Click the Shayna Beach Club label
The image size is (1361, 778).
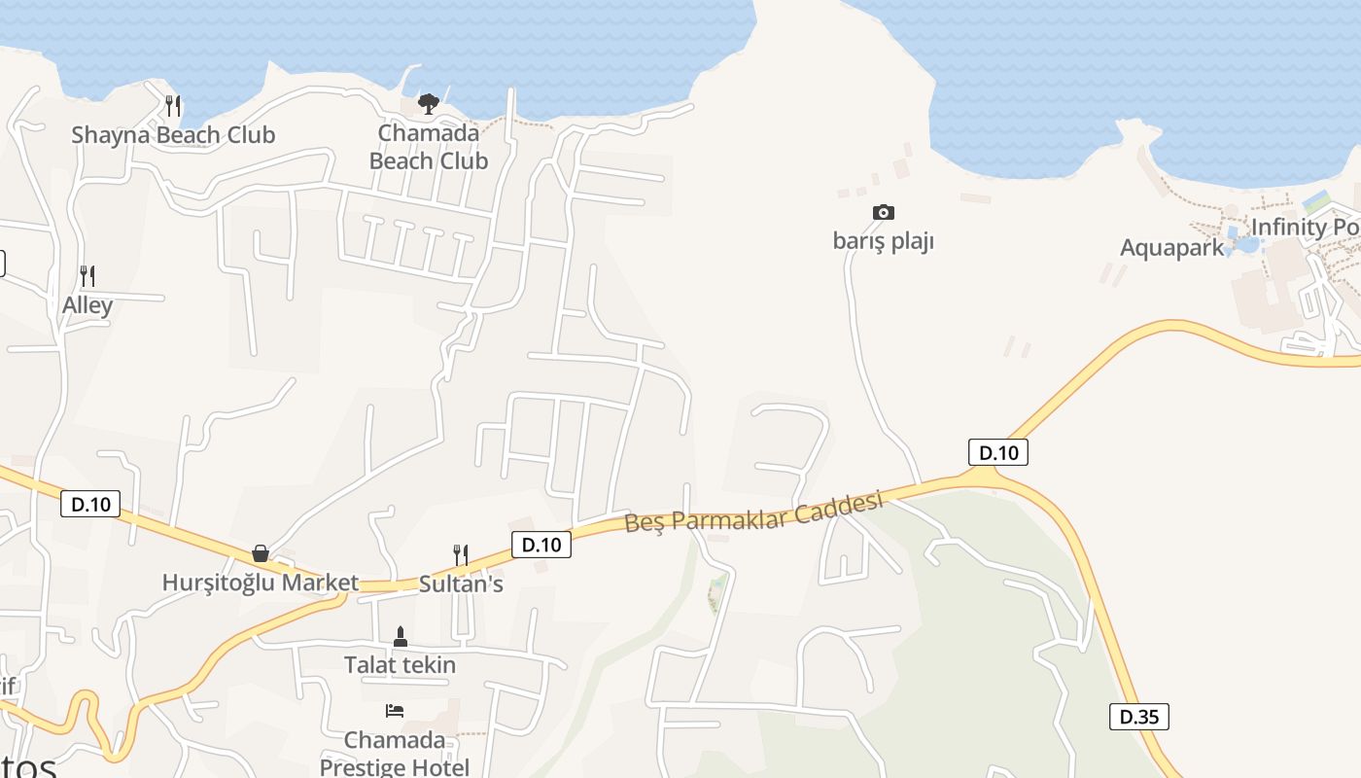tap(173, 135)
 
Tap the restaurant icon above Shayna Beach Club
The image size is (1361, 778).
tap(173, 105)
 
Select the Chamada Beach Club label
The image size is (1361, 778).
tap(428, 147)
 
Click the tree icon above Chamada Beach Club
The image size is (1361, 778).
tap(428, 103)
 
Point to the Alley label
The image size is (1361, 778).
tap(87, 305)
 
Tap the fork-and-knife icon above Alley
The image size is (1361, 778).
tap(87, 276)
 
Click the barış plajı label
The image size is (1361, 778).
tap(883, 241)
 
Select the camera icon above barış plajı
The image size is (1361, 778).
tap(883, 212)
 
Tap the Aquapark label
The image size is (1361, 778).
tap(1171, 248)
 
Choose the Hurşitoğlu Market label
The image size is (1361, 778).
tap(260, 583)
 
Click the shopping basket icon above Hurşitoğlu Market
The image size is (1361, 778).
tap(261, 553)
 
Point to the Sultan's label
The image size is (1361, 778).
tap(461, 584)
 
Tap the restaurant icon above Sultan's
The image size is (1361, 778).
tap(461, 554)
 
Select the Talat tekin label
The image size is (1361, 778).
tap(400, 666)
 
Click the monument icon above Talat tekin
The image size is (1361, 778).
tap(400, 637)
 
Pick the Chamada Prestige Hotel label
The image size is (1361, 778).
tap(395, 754)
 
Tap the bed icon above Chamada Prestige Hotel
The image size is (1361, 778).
tap(395, 711)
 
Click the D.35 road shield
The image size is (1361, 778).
tap(1138, 717)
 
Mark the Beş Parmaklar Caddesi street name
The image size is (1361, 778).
tap(753, 512)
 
